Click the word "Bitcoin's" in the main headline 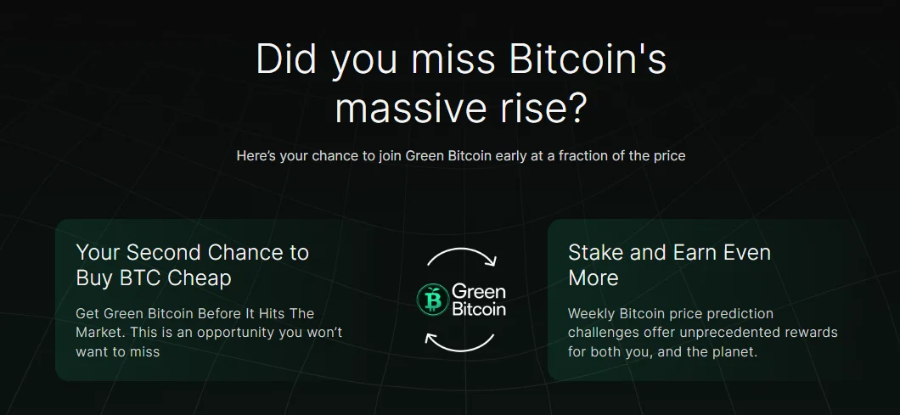588,59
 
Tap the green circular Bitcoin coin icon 432,300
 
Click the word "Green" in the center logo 479,292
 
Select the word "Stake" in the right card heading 596,253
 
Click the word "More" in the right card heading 593,278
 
